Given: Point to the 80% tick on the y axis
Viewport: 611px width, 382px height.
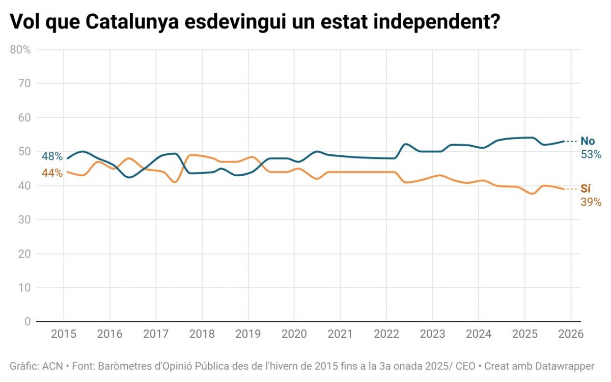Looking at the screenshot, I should pyautogui.click(x=20, y=49).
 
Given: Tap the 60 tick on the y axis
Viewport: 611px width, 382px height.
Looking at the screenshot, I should pyautogui.click(x=25, y=118).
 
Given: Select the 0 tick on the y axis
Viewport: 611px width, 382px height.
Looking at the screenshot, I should pyautogui.click(x=27, y=321).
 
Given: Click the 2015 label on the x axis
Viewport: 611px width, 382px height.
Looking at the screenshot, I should pyautogui.click(x=64, y=335).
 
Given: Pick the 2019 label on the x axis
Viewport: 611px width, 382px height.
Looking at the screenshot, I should pyautogui.click(x=248, y=335).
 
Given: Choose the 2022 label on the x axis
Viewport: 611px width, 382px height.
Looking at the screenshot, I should pyautogui.click(x=386, y=335).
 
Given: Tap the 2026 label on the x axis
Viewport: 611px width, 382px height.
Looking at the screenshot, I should pyautogui.click(x=571, y=335).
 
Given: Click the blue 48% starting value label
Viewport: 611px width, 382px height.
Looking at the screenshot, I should pyautogui.click(x=52, y=156).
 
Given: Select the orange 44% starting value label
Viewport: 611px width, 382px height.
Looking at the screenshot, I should pyautogui.click(x=52, y=173).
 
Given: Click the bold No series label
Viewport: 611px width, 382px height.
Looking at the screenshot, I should pyautogui.click(x=588, y=141).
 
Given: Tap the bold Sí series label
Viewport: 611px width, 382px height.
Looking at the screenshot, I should pyautogui.click(x=586, y=189).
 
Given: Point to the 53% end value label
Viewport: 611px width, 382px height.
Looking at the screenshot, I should pyautogui.click(x=591, y=154).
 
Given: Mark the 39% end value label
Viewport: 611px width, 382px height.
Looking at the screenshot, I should pyautogui.click(x=591, y=202).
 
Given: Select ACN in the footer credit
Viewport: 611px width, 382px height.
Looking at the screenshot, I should pyautogui.click(x=52, y=366).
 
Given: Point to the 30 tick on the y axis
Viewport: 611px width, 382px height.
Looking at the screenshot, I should pyautogui.click(x=25, y=220).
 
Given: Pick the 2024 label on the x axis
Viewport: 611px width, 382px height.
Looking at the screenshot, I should pyautogui.click(x=479, y=335).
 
